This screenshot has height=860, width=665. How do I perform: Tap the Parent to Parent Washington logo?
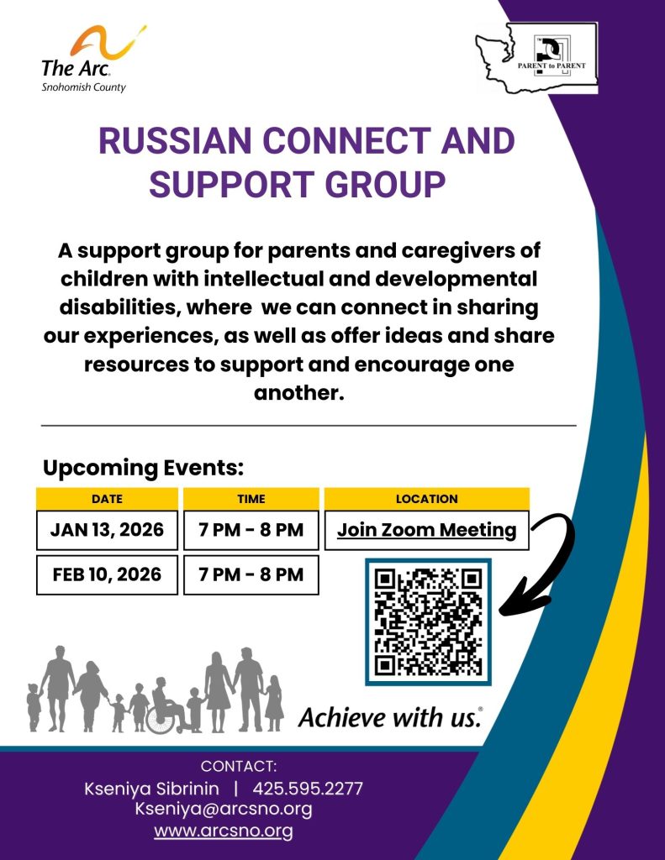click(538, 58)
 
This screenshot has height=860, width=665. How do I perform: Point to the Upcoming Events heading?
click(143, 467)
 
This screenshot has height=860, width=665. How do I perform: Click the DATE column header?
click(107, 499)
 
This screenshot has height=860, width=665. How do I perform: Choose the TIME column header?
click(251, 499)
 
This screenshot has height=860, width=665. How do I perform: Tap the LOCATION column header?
click(426, 499)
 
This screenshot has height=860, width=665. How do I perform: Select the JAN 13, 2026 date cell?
click(107, 531)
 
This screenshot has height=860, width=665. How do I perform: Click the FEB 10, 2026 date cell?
click(107, 575)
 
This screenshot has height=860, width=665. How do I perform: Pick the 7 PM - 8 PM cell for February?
click(251, 575)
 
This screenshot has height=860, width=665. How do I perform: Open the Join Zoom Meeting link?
click(426, 531)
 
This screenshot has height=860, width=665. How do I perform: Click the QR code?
click(428, 621)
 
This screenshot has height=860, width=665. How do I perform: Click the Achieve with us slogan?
click(390, 718)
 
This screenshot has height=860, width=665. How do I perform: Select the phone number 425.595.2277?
click(308, 789)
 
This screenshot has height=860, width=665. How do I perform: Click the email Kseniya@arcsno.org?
click(224, 810)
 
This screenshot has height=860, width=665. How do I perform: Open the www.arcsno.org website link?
click(224, 831)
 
